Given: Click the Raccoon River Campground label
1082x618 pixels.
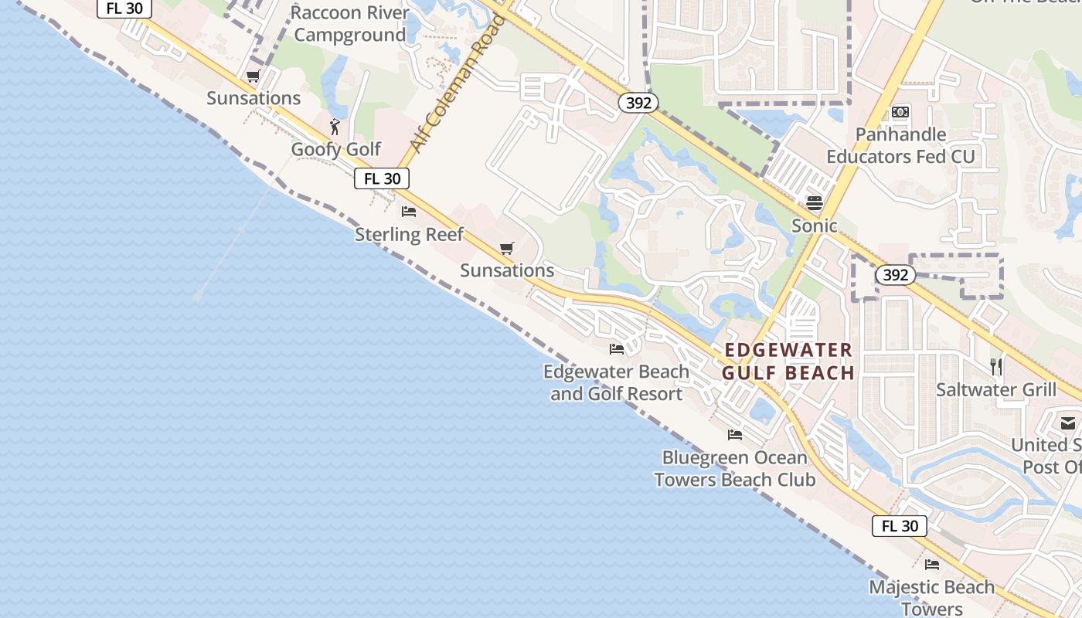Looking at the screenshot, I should [350, 24].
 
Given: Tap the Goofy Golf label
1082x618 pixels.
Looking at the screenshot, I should [336, 149].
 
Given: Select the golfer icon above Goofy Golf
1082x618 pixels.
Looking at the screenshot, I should [335, 127].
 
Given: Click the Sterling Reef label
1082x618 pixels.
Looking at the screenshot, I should [409, 234].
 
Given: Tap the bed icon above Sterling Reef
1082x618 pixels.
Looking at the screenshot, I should [409, 212].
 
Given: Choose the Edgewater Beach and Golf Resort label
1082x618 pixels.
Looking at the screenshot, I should [616, 382].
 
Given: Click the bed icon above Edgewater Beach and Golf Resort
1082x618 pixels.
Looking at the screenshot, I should [617, 349].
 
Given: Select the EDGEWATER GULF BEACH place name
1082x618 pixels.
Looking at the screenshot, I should [788, 362].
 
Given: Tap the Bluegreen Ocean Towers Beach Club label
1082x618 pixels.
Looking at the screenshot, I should [734, 468].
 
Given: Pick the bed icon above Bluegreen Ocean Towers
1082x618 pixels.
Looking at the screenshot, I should [735, 435].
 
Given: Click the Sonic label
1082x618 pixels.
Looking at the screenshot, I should [815, 226].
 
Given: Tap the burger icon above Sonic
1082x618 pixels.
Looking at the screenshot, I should [815, 203].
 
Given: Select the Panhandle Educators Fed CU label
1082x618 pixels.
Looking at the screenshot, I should [900, 145].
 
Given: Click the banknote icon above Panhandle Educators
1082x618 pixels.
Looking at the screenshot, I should [900, 112].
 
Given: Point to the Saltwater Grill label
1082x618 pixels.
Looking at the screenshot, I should [996, 389].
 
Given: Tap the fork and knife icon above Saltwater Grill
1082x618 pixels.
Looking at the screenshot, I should [996, 366].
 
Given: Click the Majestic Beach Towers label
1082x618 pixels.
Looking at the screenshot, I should [932, 597].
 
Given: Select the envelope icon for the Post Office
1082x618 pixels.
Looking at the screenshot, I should [1068, 423].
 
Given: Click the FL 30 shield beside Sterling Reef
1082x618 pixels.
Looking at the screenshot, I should [382, 178].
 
